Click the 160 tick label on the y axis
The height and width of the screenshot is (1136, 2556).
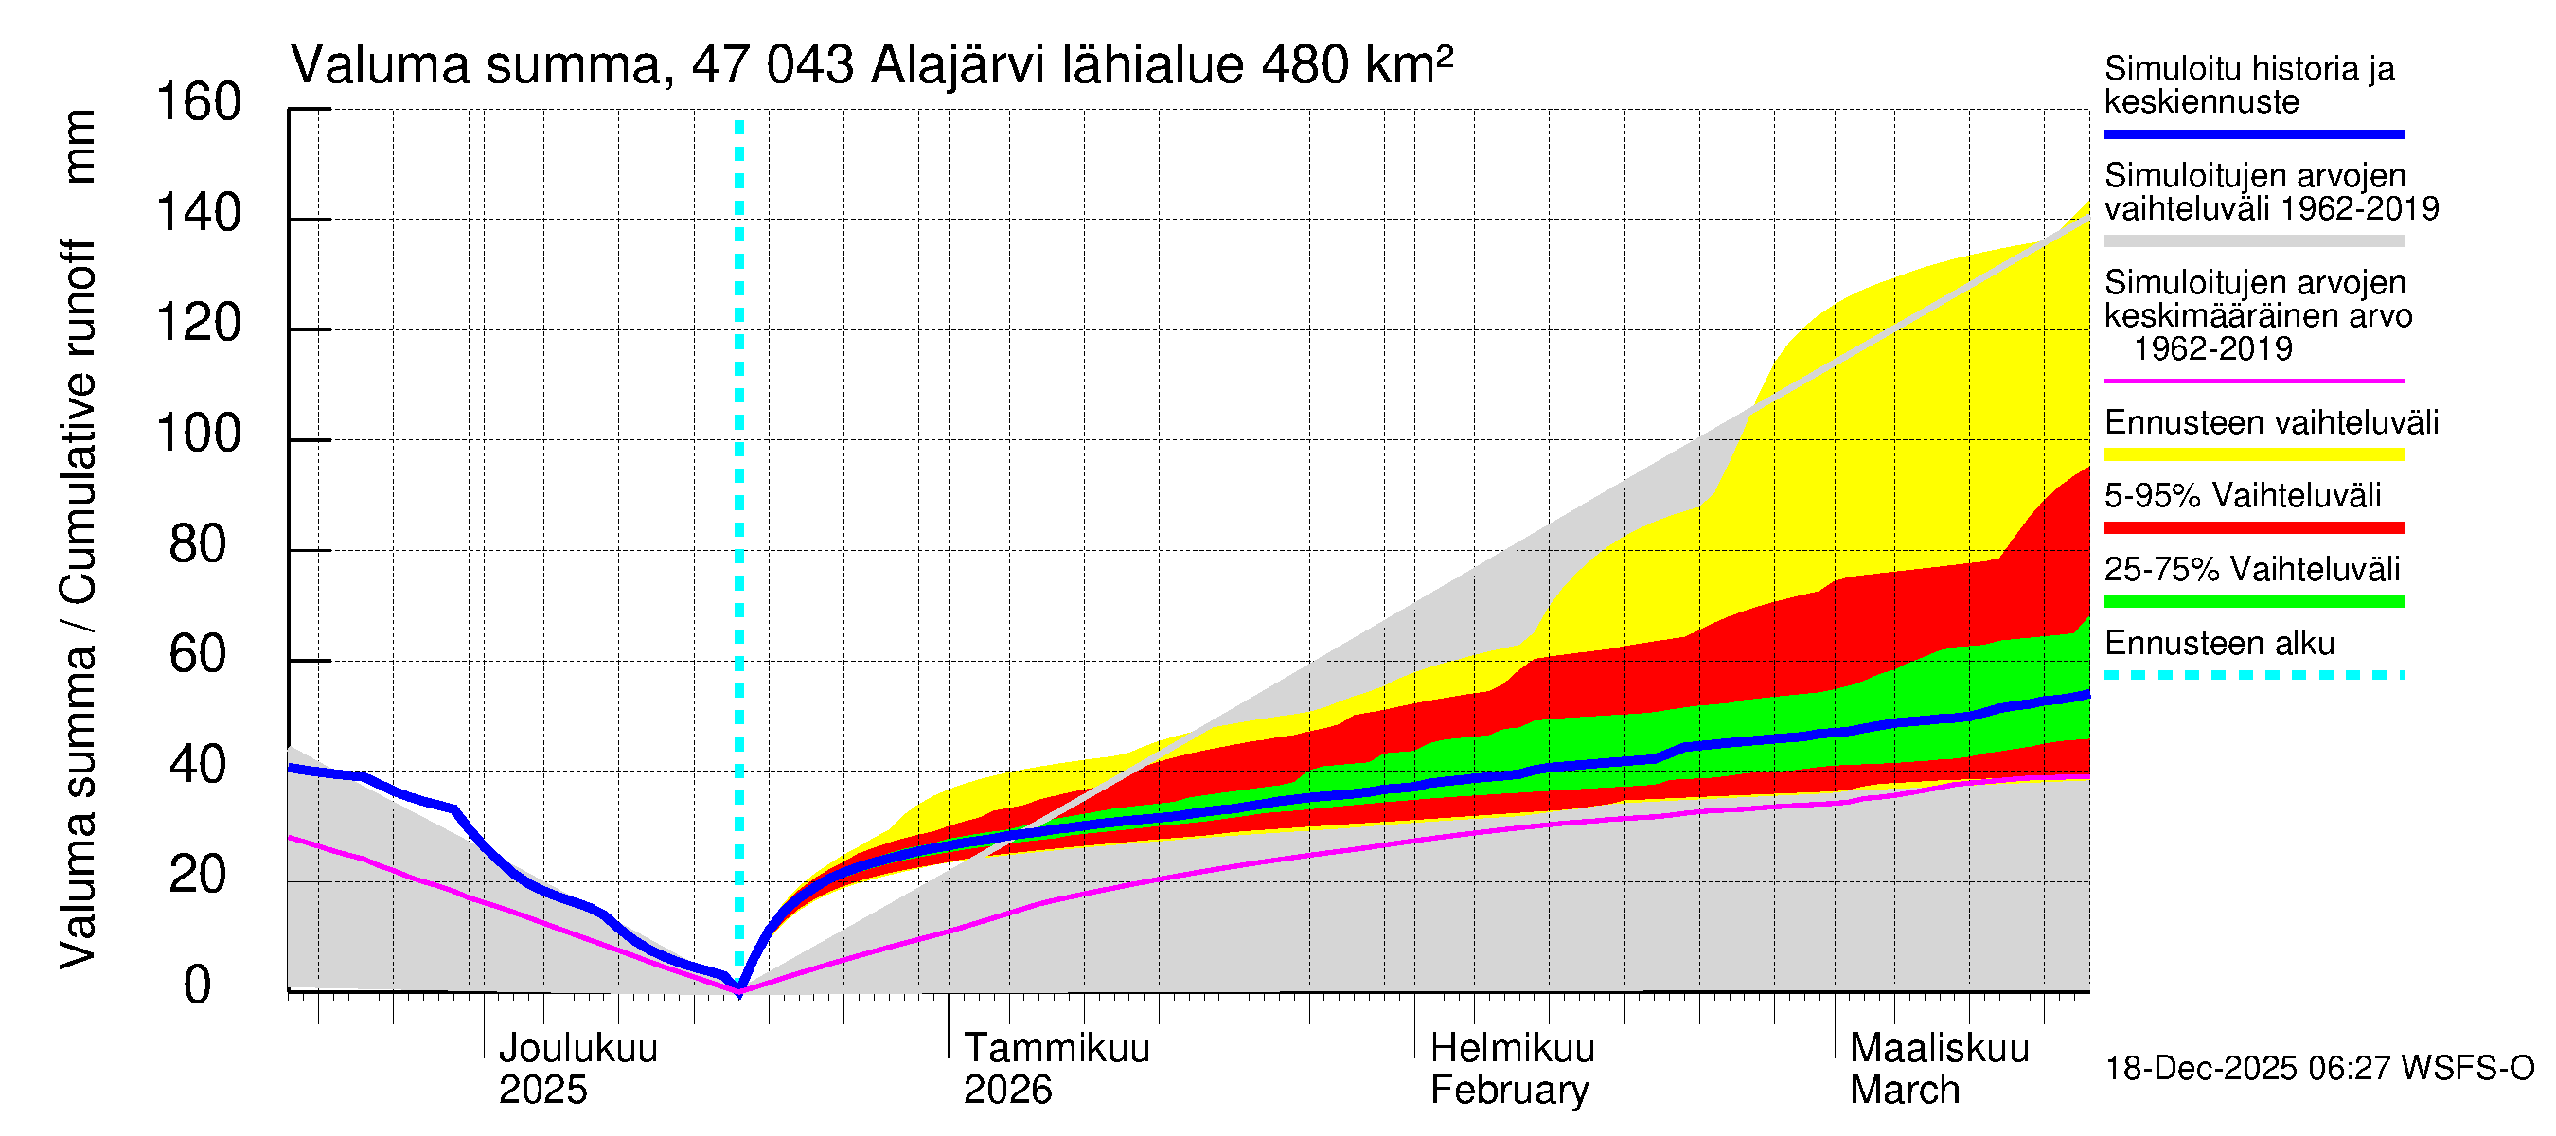199,103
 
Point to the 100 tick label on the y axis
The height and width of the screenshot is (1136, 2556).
199,435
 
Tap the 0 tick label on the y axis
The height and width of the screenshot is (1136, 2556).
198,985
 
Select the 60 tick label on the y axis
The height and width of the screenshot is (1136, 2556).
198,655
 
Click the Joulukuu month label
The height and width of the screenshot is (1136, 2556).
577,1049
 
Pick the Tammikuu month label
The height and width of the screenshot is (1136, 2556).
1056,1049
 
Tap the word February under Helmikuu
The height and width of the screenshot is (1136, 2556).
1509,1091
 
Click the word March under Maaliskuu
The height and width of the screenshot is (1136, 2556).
1904,1091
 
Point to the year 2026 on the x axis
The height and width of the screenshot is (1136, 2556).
1007,1091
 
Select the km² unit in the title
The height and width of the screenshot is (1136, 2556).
1408,64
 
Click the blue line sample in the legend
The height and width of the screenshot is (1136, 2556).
2253,133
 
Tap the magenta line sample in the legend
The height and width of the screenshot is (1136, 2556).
2253,381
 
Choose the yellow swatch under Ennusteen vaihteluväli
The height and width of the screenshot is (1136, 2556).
2253,455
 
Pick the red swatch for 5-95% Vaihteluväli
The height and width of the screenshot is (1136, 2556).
2253,529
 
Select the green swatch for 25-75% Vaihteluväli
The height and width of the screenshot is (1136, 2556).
2253,602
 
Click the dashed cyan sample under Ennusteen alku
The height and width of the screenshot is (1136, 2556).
2253,676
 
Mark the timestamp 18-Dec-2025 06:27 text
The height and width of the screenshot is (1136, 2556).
2317,1070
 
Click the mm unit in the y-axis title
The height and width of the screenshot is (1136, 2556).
80,147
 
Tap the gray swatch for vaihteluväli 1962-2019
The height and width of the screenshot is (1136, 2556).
2253,241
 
